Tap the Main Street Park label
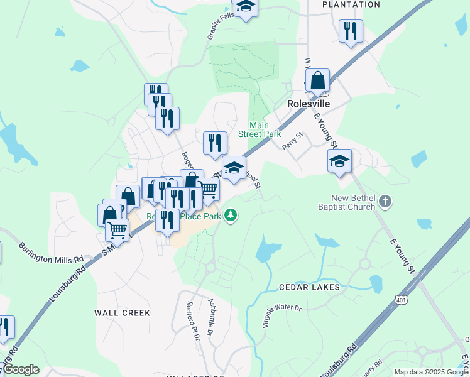[259, 129]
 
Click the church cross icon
[385, 202]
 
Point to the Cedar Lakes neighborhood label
[309, 287]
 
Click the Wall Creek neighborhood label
[122, 312]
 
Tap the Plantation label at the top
[351, 4]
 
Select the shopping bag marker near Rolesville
[318, 80]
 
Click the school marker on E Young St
[339, 161]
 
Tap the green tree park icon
[231, 216]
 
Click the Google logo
[20, 369]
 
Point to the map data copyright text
[431, 372]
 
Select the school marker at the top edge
[246, 8]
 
